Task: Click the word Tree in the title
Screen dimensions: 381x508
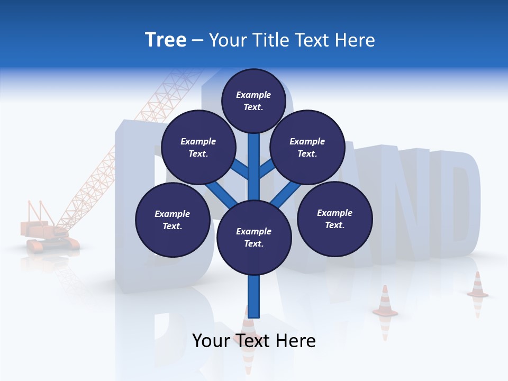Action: pyautogui.click(x=166, y=40)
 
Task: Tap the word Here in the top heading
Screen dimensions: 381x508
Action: pyautogui.click(x=355, y=40)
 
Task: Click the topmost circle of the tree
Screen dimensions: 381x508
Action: pyautogui.click(x=253, y=101)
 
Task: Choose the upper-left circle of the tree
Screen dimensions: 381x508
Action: pyautogui.click(x=198, y=147)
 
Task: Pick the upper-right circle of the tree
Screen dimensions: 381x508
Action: pyautogui.click(x=307, y=147)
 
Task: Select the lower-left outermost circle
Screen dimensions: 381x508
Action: pyautogui.click(x=173, y=220)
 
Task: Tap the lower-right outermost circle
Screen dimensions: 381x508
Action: pyautogui.click(x=335, y=219)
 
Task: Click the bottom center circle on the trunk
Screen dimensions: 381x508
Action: pyautogui.click(x=254, y=238)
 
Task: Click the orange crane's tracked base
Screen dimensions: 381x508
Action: pyautogui.click(x=53, y=243)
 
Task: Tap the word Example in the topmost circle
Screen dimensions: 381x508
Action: pyautogui.click(x=253, y=95)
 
